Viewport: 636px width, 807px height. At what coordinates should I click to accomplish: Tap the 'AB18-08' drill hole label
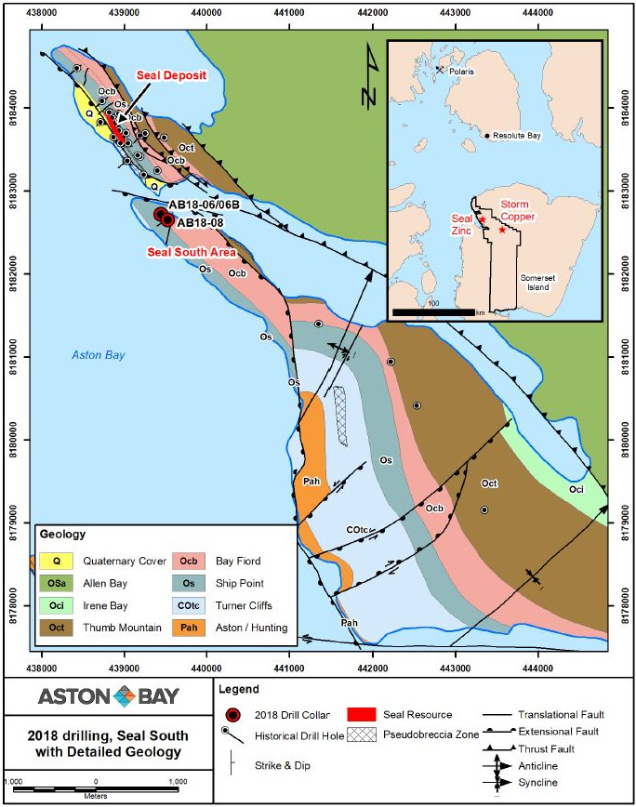[x=204, y=222]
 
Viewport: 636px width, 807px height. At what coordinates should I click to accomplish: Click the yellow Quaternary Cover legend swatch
[x=57, y=561]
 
